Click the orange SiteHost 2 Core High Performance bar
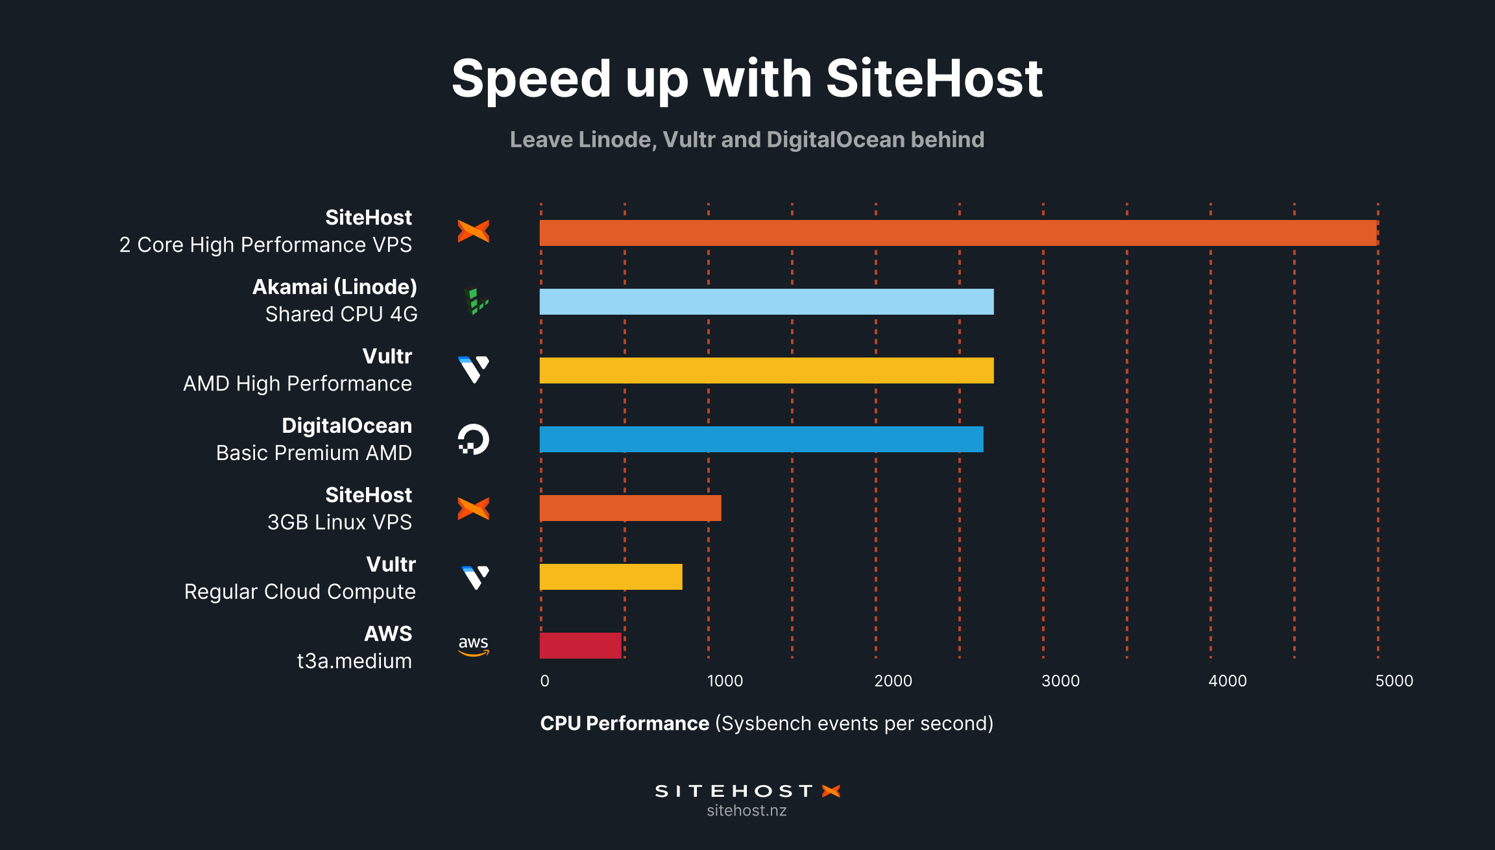958,233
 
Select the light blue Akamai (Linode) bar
766,302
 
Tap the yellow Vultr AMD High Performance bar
766,370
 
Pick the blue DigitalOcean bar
761,439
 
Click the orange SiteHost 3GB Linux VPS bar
630,508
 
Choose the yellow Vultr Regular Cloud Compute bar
611,577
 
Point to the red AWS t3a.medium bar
580,646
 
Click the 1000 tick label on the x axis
725,681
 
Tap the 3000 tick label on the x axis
1060,681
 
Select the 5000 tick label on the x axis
1394,681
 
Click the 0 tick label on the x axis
544,681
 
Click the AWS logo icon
473,646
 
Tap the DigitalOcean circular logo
473,439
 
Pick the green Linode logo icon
476,302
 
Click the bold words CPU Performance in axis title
624,723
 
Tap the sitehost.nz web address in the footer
747,810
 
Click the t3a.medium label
354,661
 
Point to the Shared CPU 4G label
341,314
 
